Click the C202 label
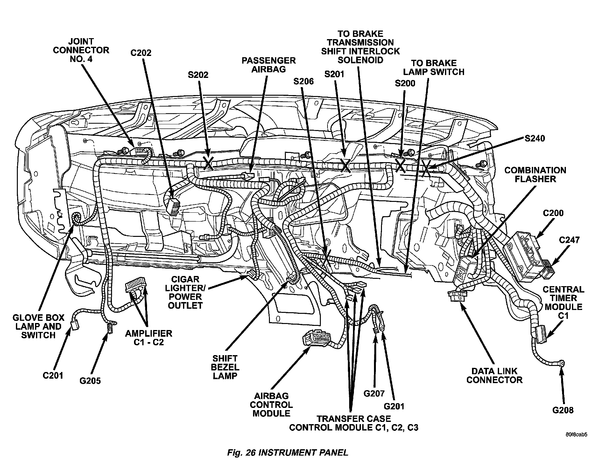pos(141,53)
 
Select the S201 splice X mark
pos(345,165)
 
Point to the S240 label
pos(534,138)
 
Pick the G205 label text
pos(90,381)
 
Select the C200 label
pos(553,213)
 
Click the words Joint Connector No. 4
pos(81,50)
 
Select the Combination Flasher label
pos(535,175)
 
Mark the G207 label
pos(374,393)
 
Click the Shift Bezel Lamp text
pos(226,367)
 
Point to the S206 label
pos(303,81)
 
